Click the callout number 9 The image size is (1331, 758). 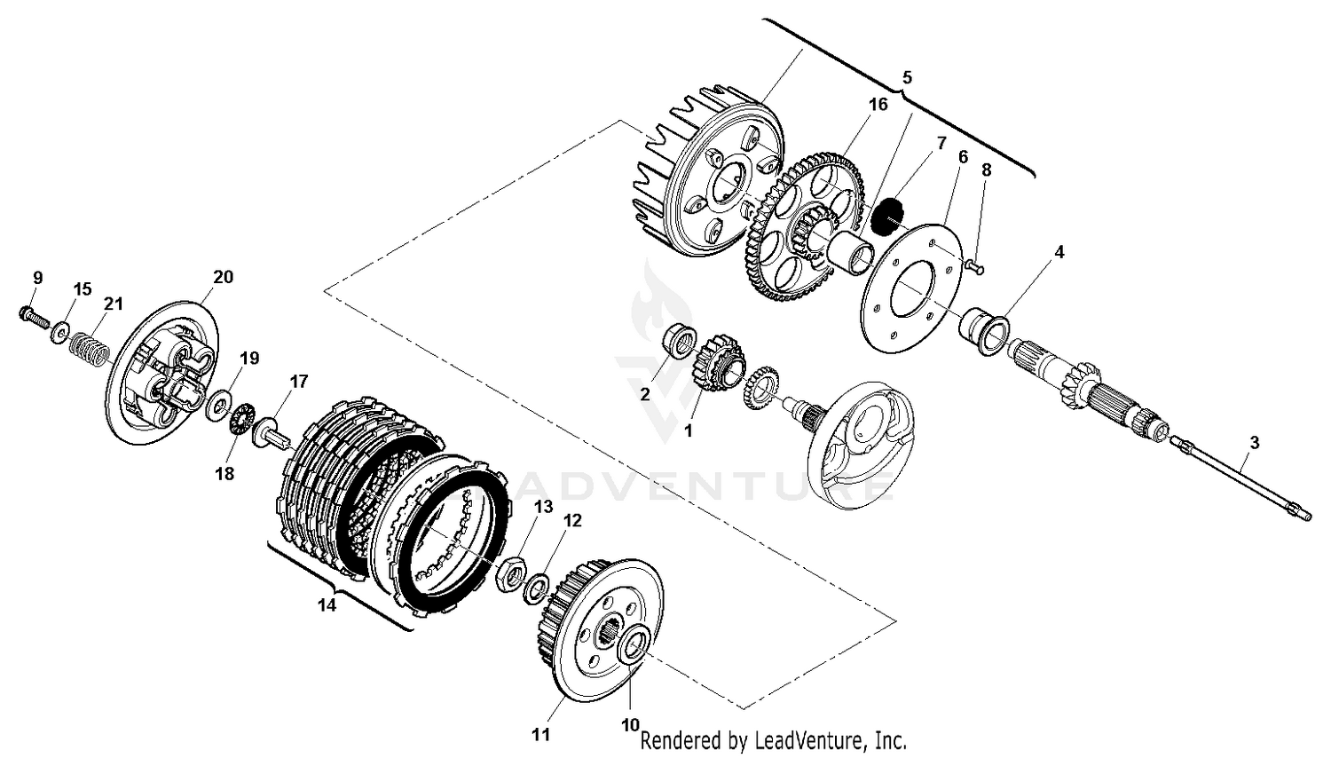click(37, 278)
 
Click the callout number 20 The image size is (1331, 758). click(223, 277)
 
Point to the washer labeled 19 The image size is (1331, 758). click(216, 407)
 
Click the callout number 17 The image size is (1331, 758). click(299, 382)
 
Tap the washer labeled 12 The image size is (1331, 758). click(536, 588)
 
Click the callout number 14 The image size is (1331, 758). click(327, 605)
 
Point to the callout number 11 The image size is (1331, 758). click(541, 734)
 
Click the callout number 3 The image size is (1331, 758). click(1254, 441)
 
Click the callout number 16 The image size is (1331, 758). click(877, 105)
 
